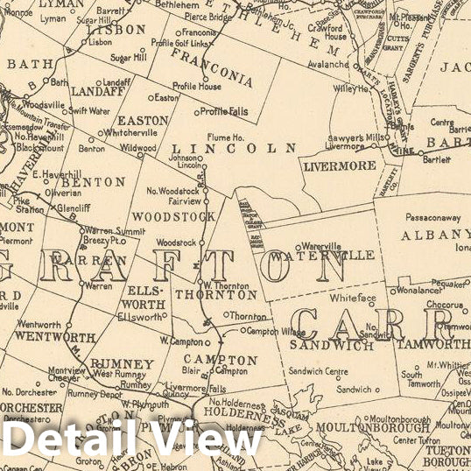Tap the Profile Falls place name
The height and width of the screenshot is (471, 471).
(x=226, y=111)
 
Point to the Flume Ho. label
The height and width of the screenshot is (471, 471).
(x=226, y=137)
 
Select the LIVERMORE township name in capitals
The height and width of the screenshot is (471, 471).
(x=340, y=165)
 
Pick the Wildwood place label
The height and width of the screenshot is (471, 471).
(x=139, y=148)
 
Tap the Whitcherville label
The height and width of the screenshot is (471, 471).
(x=129, y=132)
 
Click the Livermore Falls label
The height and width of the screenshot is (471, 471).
(x=200, y=388)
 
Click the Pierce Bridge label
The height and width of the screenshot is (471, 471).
(x=207, y=17)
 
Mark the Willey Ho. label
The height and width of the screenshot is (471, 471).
(x=350, y=88)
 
